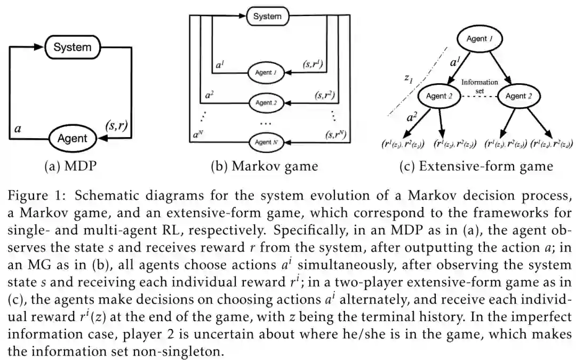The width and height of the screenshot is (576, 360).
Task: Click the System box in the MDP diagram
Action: [73, 47]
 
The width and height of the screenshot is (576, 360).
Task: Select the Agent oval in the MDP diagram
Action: [72, 139]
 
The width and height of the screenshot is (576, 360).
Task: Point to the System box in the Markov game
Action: [267, 16]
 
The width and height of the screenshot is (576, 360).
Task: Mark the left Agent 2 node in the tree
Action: [439, 96]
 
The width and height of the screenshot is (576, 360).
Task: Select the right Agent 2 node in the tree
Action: [519, 96]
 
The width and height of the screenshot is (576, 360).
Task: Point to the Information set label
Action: [479, 86]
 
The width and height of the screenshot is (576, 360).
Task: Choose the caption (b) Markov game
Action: [264, 166]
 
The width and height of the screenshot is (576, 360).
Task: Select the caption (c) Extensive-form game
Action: [476, 166]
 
